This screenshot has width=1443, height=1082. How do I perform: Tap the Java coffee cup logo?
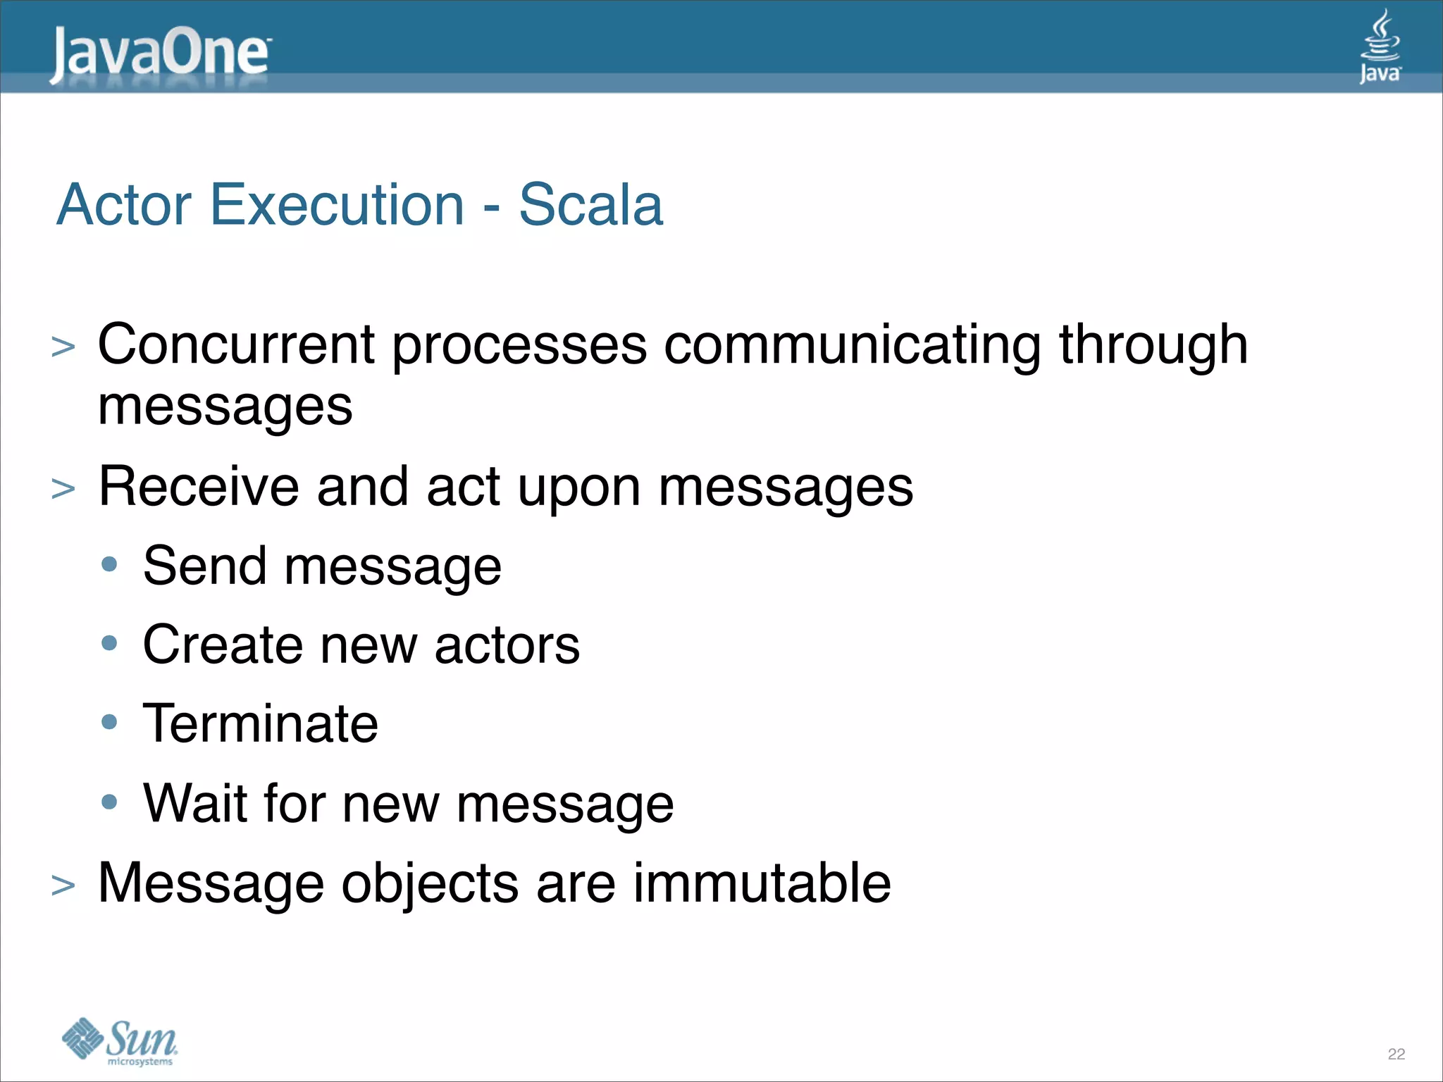(x=1380, y=46)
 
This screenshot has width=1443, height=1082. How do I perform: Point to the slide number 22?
(x=1396, y=1054)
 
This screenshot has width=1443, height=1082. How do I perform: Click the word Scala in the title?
(x=590, y=205)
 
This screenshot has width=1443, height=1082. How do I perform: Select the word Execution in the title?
(x=337, y=205)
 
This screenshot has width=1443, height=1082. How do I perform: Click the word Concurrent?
(x=236, y=345)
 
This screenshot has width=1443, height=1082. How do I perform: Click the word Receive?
(x=199, y=487)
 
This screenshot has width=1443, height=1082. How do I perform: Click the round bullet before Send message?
(x=109, y=564)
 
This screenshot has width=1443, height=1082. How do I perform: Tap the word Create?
(x=223, y=645)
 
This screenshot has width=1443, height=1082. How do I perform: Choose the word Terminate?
(x=260, y=724)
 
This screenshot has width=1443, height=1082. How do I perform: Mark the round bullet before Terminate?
(x=109, y=722)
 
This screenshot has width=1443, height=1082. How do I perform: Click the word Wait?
(x=194, y=803)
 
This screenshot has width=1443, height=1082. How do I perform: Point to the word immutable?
(x=762, y=883)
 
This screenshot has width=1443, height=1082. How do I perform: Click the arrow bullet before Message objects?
(x=63, y=885)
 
